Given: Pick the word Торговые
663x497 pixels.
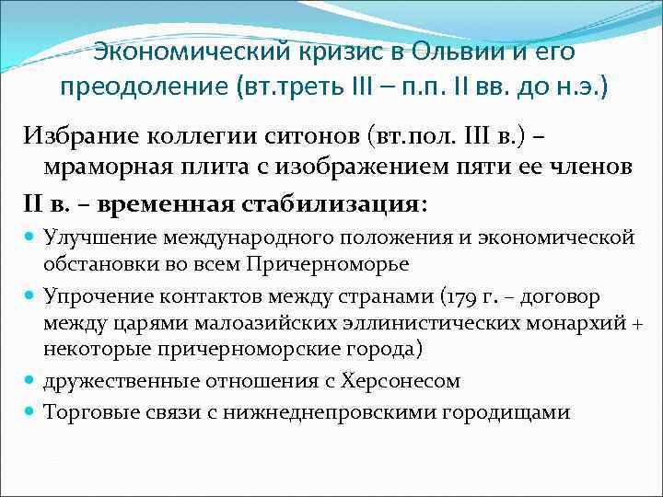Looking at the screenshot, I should click(x=92, y=411).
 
